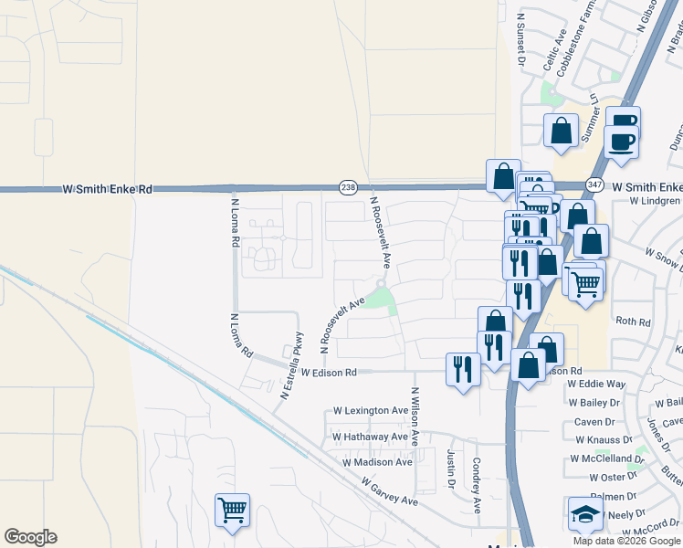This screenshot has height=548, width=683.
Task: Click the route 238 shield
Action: [x=347, y=187]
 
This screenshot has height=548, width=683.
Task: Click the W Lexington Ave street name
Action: [x=371, y=411]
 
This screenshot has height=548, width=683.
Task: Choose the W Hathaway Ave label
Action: [x=370, y=437]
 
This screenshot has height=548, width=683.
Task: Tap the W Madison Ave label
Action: [x=377, y=462]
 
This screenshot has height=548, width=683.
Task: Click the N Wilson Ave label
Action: [x=415, y=416]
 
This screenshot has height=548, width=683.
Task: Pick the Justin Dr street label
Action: [x=451, y=469]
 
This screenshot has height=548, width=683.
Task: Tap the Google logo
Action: [x=30, y=537]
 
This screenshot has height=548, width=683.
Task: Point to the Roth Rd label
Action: [x=633, y=321]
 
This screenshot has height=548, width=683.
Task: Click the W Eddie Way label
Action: [x=596, y=385]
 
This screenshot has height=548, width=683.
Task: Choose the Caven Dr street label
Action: [x=594, y=422]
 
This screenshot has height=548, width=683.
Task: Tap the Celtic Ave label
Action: [x=556, y=51]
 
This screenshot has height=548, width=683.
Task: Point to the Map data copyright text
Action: [x=627, y=541]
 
